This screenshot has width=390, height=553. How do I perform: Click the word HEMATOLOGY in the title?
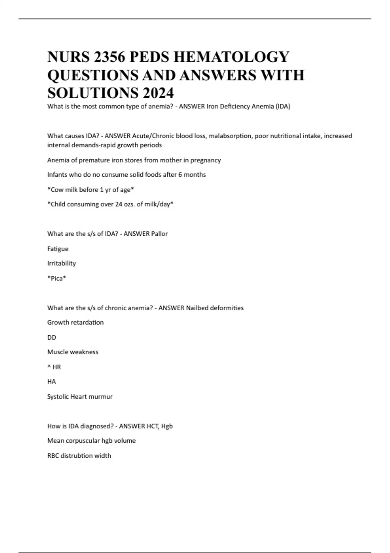(231, 57)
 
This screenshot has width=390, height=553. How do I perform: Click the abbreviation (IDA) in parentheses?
(283, 106)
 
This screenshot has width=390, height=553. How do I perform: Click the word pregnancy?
(205, 160)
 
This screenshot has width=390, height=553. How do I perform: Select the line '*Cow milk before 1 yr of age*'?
(91, 190)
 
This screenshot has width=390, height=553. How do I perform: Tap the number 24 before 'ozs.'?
(119, 204)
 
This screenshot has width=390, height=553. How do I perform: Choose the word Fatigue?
(58, 249)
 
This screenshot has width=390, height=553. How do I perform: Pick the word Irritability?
(61, 263)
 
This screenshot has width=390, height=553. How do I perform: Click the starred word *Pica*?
(57, 278)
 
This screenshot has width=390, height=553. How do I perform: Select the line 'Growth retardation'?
(75, 323)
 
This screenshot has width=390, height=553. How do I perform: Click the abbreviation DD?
(52, 338)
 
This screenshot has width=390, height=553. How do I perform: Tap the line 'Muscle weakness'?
(73, 352)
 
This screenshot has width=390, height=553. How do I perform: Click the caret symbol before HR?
(49, 367)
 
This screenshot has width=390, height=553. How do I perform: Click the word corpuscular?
(83, 441)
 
